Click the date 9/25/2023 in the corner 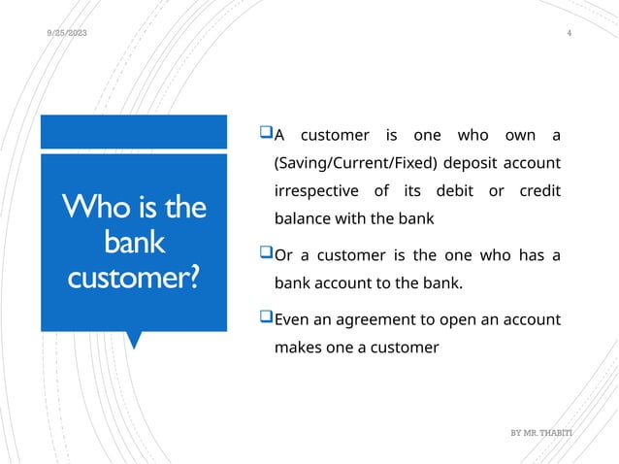(67, 34)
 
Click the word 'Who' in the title (90, 208)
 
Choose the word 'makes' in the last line (299, 347)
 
